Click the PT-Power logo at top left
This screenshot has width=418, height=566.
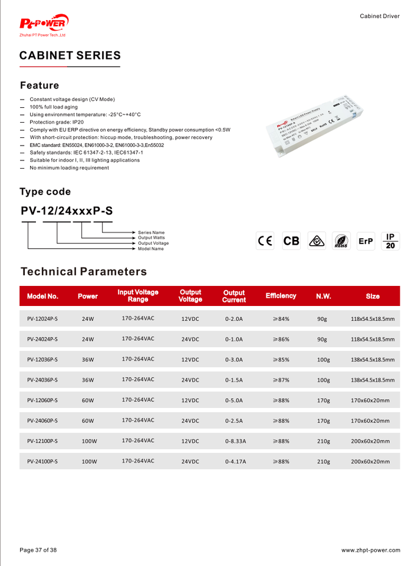click(44, 24)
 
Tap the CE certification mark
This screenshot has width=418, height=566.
click(265, 241)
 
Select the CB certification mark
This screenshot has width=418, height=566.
click(291, 241)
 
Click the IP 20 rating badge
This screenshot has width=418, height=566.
click(390, 241)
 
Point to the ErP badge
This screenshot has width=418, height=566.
click(366, 241)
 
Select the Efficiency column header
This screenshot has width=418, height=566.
click(281, 296)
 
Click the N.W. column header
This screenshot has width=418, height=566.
click(324, 296)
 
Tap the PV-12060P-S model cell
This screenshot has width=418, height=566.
click(42, 400)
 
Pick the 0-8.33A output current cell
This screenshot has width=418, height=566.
click(235, 441)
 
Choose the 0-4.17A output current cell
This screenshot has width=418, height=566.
click(235, 462)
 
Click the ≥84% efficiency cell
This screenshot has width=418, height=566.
click(281, 319)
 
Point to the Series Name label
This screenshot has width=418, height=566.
click(152, 232)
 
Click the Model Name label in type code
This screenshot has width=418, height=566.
click(151, 249)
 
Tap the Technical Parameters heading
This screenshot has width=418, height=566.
click(84, 272)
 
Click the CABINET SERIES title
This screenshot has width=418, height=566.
click(70, 55)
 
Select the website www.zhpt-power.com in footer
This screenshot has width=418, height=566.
click(370, 550)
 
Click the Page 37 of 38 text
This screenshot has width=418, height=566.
click(38, 550)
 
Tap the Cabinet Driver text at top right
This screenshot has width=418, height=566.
click(380, 16)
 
